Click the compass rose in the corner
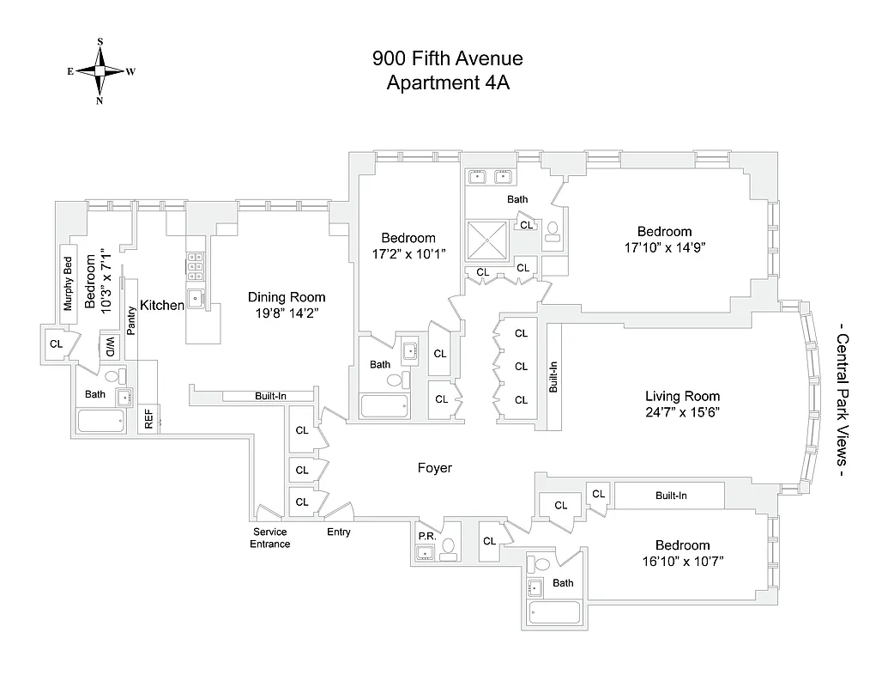100,71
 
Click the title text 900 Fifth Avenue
447,59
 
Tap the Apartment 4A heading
447,83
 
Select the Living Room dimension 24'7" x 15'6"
682,411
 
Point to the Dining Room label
287,297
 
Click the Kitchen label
162,305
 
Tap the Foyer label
434,468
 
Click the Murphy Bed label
68,283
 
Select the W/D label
110,348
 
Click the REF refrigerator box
148,419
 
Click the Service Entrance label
269,538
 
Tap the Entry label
338,532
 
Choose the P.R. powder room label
425,535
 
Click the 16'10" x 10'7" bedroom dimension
682,561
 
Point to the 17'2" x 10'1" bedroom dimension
408,254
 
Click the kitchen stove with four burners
195,265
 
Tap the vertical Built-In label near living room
553,376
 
